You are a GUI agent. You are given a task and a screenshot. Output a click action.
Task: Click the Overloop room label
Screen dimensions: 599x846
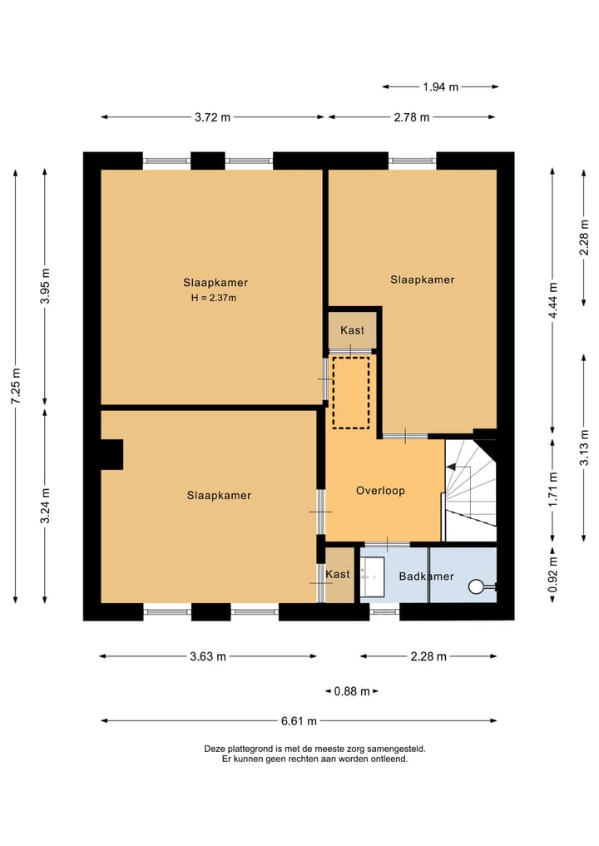[x=380, y=491]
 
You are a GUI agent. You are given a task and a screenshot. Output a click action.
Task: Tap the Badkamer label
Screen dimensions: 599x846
[x=426, y=576]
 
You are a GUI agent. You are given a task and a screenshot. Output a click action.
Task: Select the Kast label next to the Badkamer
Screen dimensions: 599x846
[x=338, y=574]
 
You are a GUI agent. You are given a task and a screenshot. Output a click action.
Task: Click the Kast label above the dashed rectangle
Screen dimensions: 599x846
[x=353, y=330]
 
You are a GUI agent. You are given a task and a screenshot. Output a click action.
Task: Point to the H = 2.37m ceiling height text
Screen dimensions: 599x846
[x=214, y=297]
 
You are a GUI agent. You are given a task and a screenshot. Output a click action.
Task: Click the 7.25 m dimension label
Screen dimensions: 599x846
[x=16, y=386]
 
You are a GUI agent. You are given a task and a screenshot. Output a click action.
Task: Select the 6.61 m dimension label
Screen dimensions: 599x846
[x=299, y=721]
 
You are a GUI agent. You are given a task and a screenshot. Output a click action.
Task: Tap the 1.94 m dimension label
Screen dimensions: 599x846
[x=440, y=87]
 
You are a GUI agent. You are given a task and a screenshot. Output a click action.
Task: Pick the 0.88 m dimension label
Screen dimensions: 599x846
[x=352, y=691]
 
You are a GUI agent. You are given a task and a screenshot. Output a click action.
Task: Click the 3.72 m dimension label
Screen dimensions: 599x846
[x=213, y=117]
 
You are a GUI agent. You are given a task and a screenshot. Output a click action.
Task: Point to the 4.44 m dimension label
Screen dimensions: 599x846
[x=553, y=300]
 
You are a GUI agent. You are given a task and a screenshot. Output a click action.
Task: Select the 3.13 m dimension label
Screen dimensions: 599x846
[x=584, y=448]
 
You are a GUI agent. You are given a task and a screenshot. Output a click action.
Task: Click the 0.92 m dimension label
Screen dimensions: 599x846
[x=553, y=574]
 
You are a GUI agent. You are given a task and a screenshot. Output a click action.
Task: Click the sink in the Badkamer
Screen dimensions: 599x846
[x=372, y=576]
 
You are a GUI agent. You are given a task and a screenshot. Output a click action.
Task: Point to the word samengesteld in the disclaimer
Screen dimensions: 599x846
[x=396, y=749]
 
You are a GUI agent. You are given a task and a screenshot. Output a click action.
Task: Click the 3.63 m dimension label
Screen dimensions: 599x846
[x=208, y=656]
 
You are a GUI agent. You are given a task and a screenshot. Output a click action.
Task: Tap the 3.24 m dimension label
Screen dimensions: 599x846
[x=45, y=506]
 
